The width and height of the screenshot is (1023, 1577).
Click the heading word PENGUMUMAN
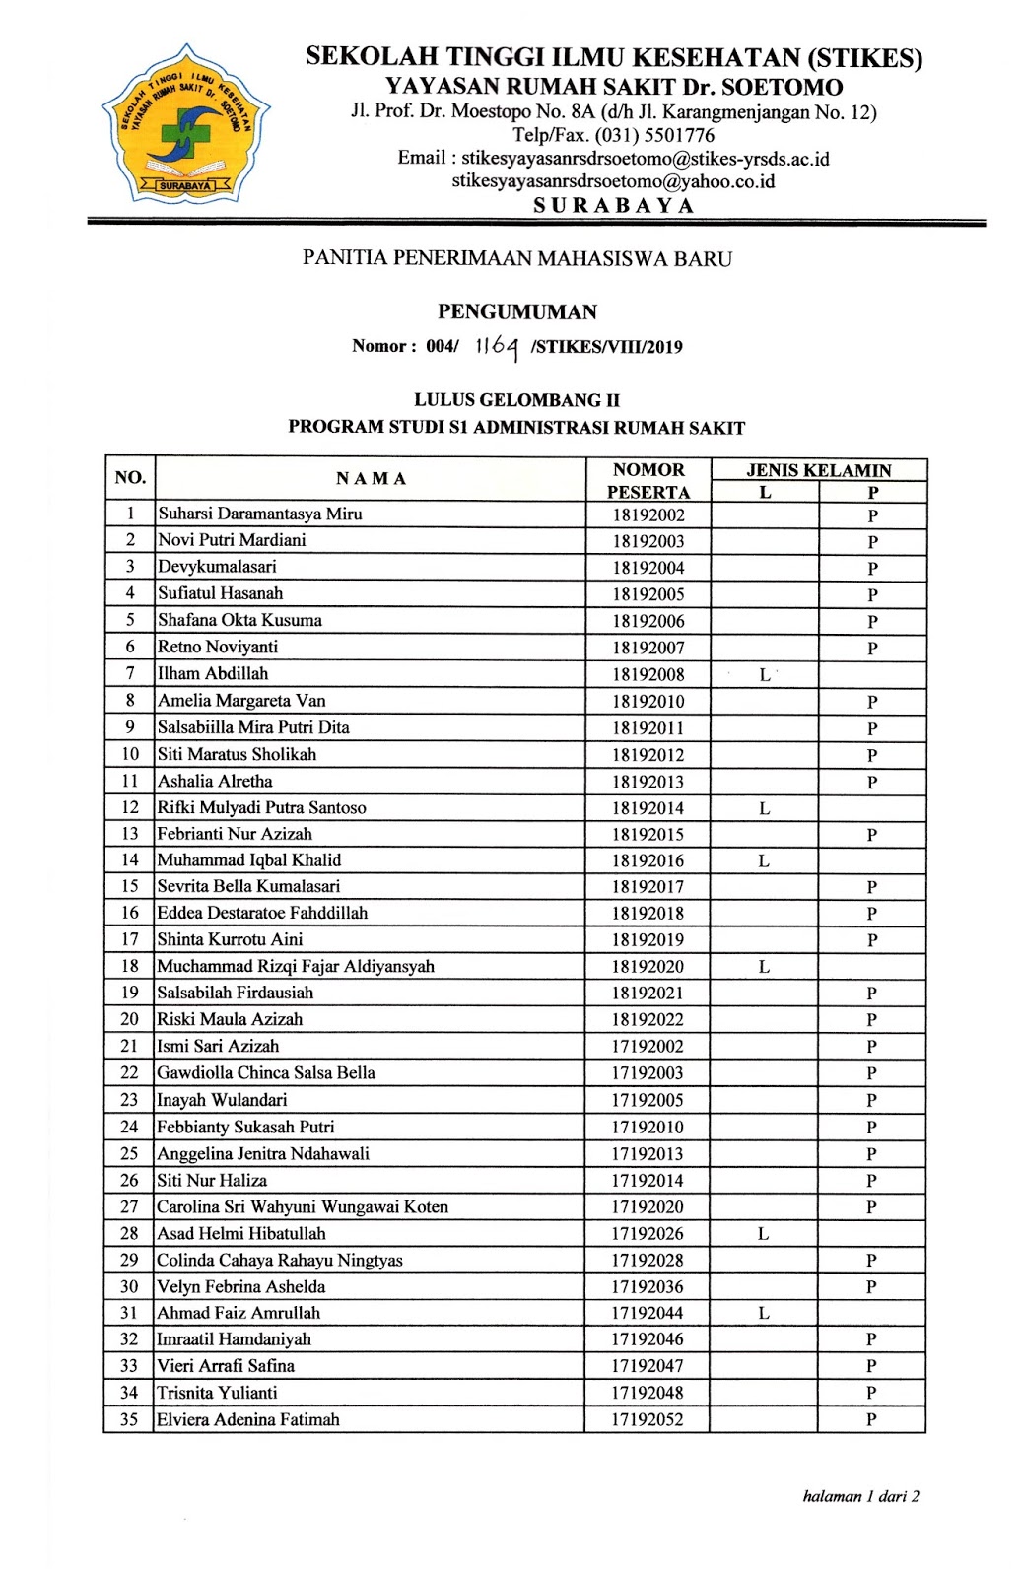(x=517, y=312)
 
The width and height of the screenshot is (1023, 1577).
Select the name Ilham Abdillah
(x=213, y=674)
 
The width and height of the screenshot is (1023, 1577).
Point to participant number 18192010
(x=648, y=702)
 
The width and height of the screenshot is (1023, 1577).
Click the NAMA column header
(x=371, y=479)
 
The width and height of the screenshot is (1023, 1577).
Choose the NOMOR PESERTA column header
(x=648, y=481)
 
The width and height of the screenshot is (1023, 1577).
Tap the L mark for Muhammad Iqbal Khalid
(x=764, y=861)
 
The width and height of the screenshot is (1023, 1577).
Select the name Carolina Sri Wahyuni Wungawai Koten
(x=303, y=1207)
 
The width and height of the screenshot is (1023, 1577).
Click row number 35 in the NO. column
(x=129, y=1420)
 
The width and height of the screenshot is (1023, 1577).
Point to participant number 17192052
(x=647, y=1420)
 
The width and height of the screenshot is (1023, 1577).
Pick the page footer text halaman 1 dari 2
(x=860, y=1496)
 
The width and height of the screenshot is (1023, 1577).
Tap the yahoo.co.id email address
(x=613, y=181)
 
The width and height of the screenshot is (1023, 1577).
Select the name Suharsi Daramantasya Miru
(x=260, y=514)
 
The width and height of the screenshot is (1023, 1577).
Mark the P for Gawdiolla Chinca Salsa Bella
(x=871, y=1073)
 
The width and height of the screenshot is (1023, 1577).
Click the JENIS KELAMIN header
(x=818, y=470)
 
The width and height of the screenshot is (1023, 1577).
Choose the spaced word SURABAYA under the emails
(x=613, y=205)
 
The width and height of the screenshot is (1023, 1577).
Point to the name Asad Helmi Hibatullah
(x=241, y=1234)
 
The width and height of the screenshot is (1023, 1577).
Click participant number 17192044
(x=647, y=1314)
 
